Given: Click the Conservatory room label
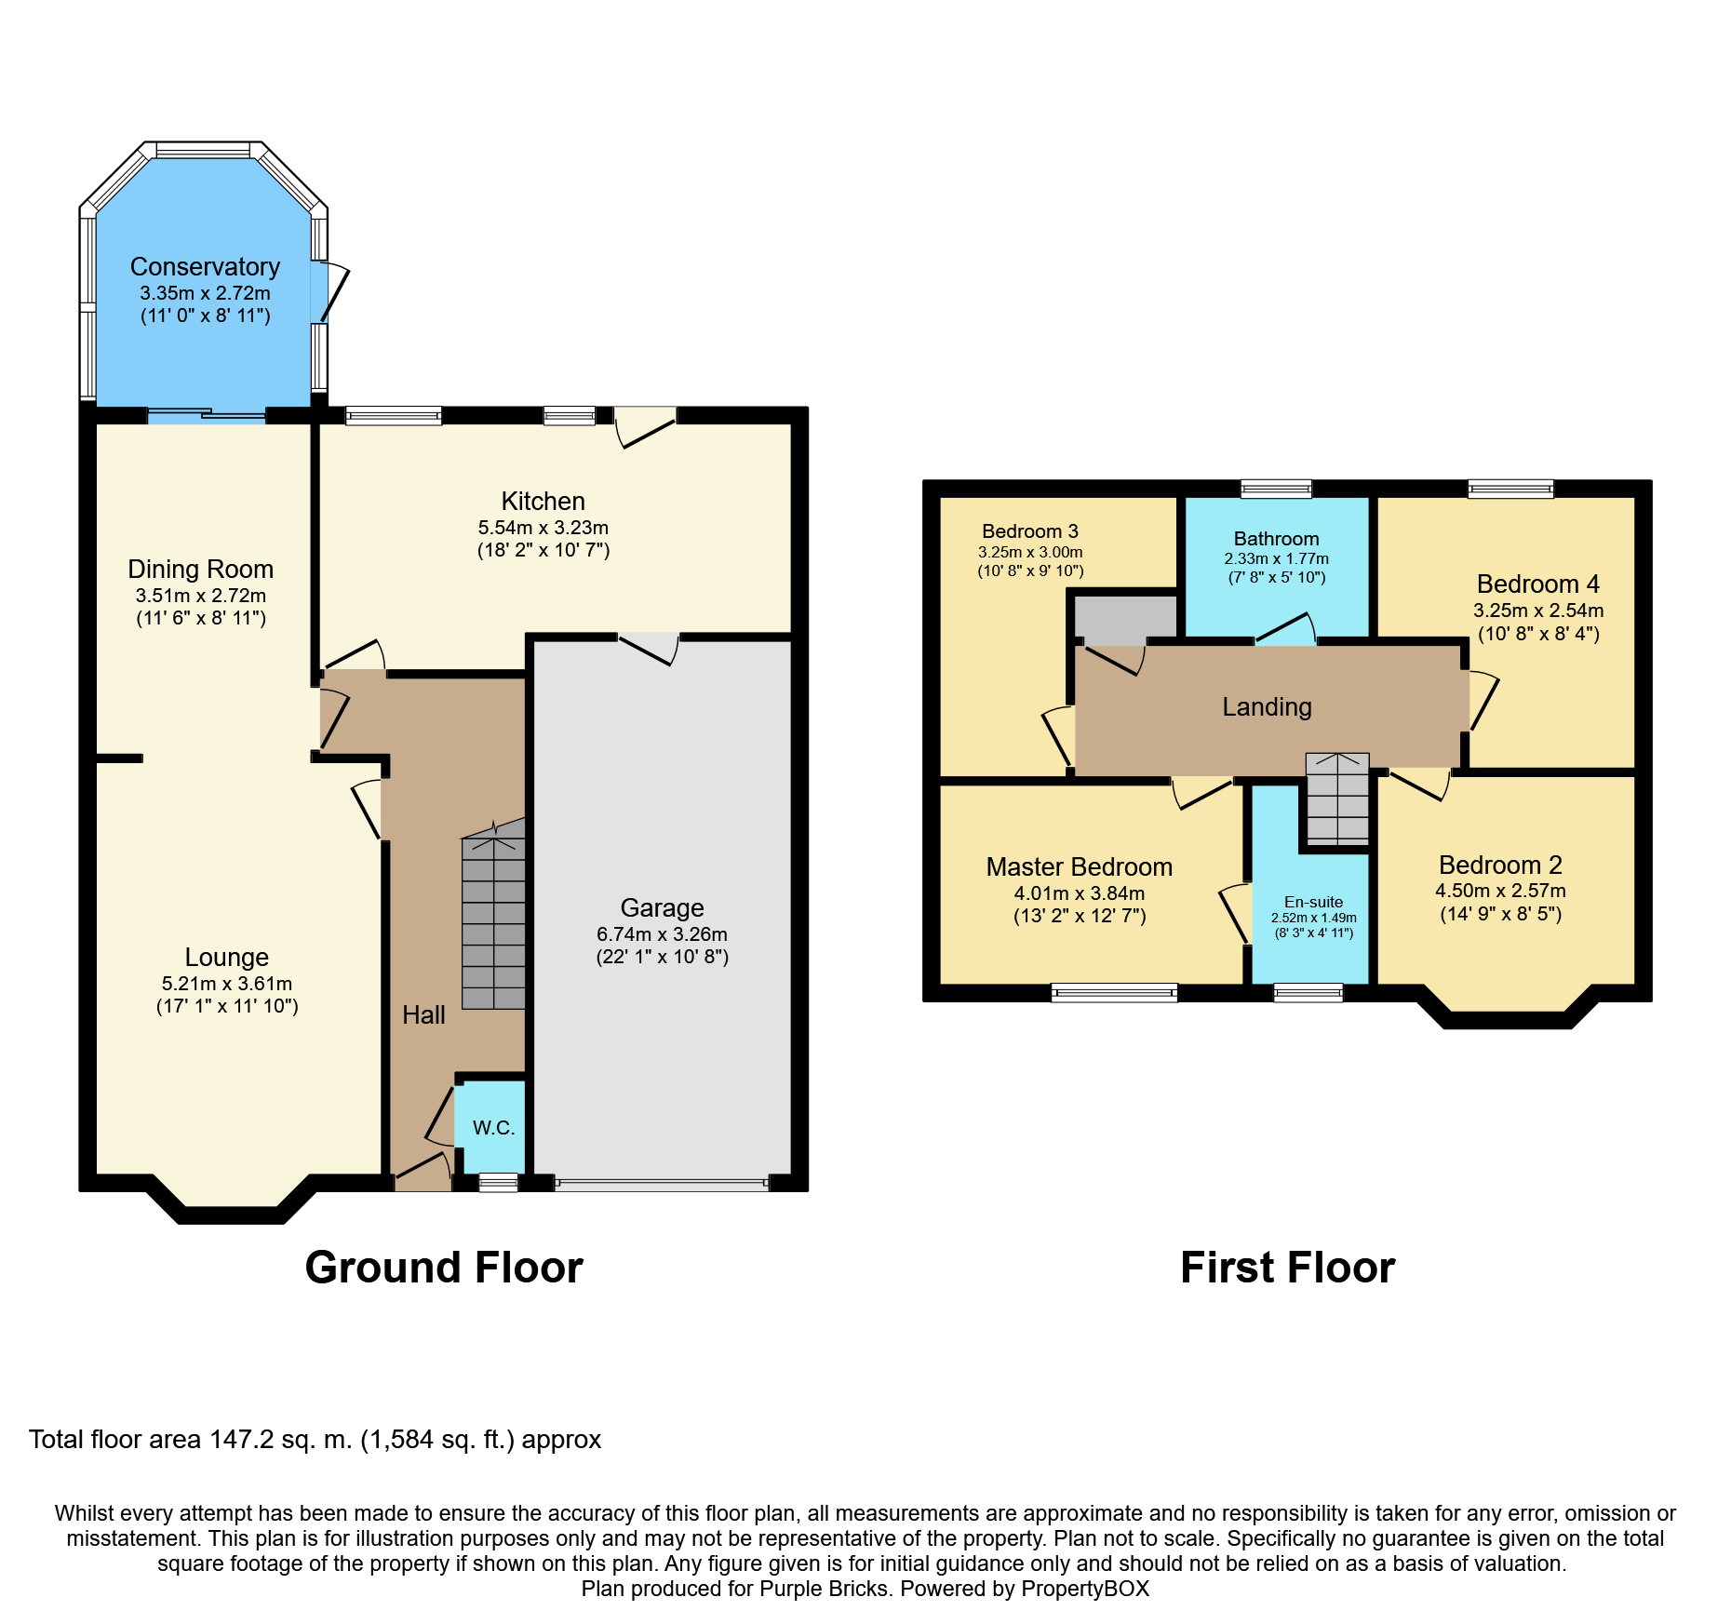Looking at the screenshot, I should (205, 267).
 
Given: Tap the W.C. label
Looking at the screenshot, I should (493, 1128).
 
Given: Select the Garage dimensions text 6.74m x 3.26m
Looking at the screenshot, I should (662, 933).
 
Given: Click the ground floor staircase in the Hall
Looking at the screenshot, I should (494, 921).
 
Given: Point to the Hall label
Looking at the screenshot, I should (423, 1015).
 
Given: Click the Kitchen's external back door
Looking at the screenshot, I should (645, 427).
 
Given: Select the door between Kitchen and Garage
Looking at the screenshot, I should (649, 647).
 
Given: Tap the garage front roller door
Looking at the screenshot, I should (661, 1184).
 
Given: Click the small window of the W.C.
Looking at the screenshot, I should (498, 1183).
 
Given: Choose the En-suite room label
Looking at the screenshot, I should (1313, 902).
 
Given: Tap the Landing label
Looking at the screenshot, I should (1267, 707).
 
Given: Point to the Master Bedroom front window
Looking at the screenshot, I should (1114, 993).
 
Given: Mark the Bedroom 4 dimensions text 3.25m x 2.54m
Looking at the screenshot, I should (1537, 611).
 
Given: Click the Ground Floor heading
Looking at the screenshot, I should (444, 1268).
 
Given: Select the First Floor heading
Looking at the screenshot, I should (1287, 1268).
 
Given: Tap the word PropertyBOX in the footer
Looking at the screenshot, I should (1084, 1589).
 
